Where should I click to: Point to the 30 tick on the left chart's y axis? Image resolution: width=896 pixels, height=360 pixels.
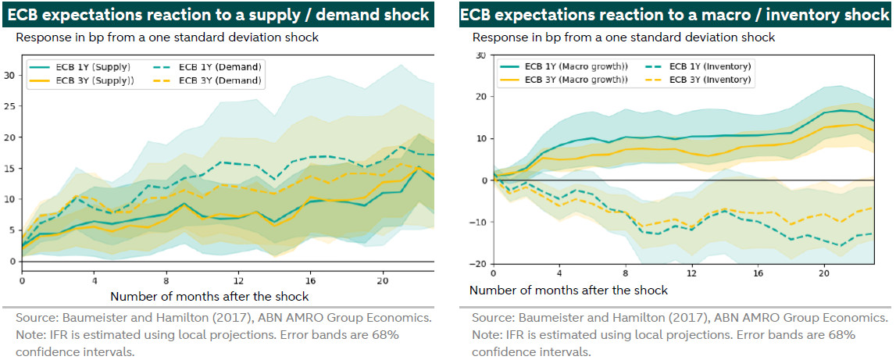[x=9, y=75]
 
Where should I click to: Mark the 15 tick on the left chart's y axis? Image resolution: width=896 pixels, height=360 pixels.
[x=9, y=168]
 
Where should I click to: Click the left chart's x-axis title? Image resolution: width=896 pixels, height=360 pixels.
[x=209, y=297]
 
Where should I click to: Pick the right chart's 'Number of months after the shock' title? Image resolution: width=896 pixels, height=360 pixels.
[x=569, y=290]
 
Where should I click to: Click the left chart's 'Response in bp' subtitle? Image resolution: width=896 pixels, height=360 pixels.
[x=167, y=37]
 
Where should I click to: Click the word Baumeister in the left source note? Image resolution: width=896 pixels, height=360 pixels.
[x=91, y=319]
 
